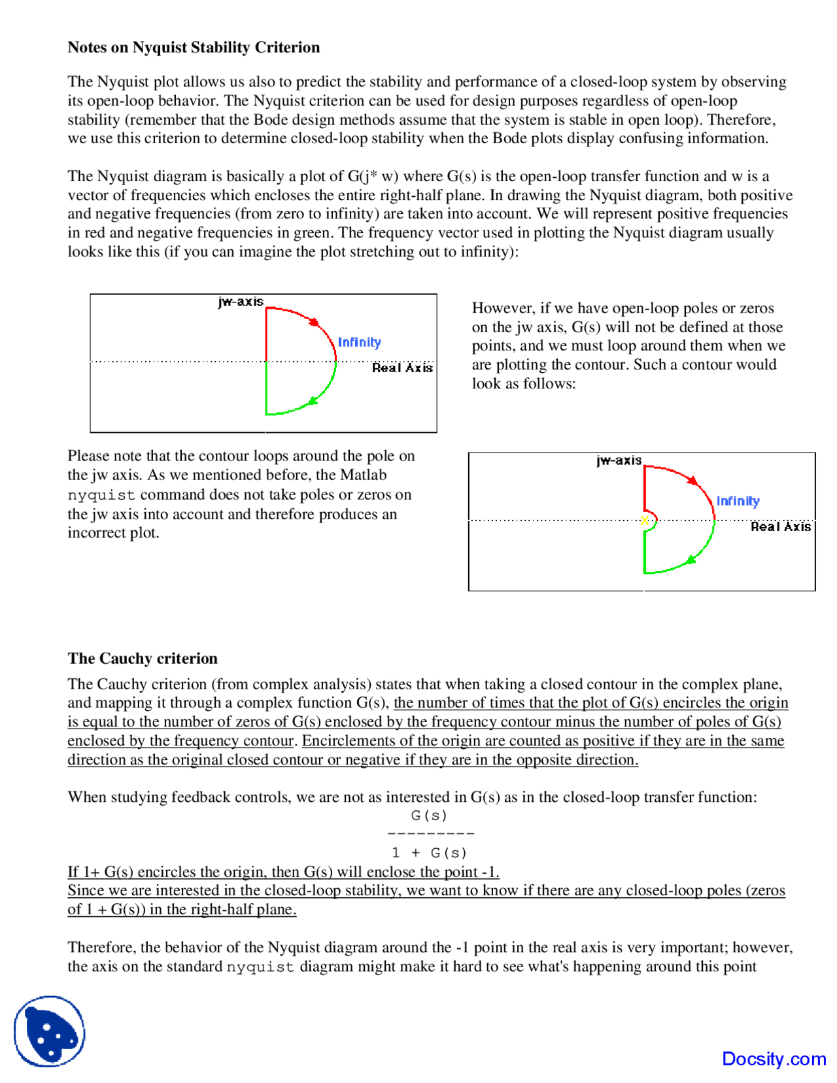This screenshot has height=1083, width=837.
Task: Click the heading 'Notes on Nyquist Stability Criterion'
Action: tap(194, 48)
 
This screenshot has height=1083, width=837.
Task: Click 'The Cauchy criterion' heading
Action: tap(143, 659)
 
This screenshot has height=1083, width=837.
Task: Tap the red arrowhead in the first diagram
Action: tap(315, 322)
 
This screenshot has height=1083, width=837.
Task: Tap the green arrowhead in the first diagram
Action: tap(313, 400)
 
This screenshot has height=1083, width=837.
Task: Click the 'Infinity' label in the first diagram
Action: tap(359, 342)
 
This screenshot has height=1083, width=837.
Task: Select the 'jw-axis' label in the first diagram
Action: tap(241, 301)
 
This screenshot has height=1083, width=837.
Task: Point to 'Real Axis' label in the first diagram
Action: tap(402, 368)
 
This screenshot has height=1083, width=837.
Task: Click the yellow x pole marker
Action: tap(645, 521)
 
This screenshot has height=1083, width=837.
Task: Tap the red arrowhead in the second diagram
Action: tap(692, 481)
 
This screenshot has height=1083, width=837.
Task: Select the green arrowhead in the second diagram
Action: tap(691, 560)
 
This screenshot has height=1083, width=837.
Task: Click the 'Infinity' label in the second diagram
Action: tap(738, 501)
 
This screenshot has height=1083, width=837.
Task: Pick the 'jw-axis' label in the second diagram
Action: tap(619, 460)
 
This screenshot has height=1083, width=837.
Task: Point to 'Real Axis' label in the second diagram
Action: tap(781, 527)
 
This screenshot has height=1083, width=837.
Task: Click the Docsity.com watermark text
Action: tap(774, 1059)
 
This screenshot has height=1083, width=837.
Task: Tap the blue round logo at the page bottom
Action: tap(50, 1031)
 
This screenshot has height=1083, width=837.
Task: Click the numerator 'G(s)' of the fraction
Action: tap(429, 816)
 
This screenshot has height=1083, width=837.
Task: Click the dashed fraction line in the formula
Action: tap(430, 834)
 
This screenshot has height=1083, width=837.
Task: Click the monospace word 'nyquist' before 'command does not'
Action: tap(101, 495)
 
